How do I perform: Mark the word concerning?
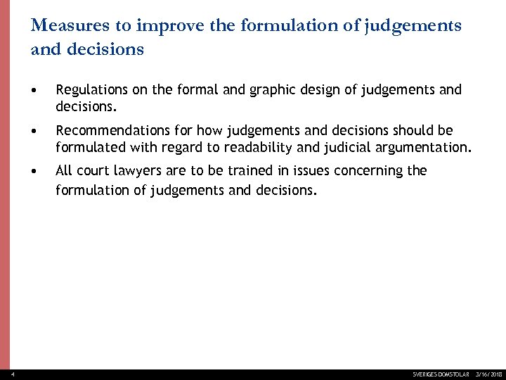coord(367,171)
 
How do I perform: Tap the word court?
coord(93,171)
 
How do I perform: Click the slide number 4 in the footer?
coord(4,374)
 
